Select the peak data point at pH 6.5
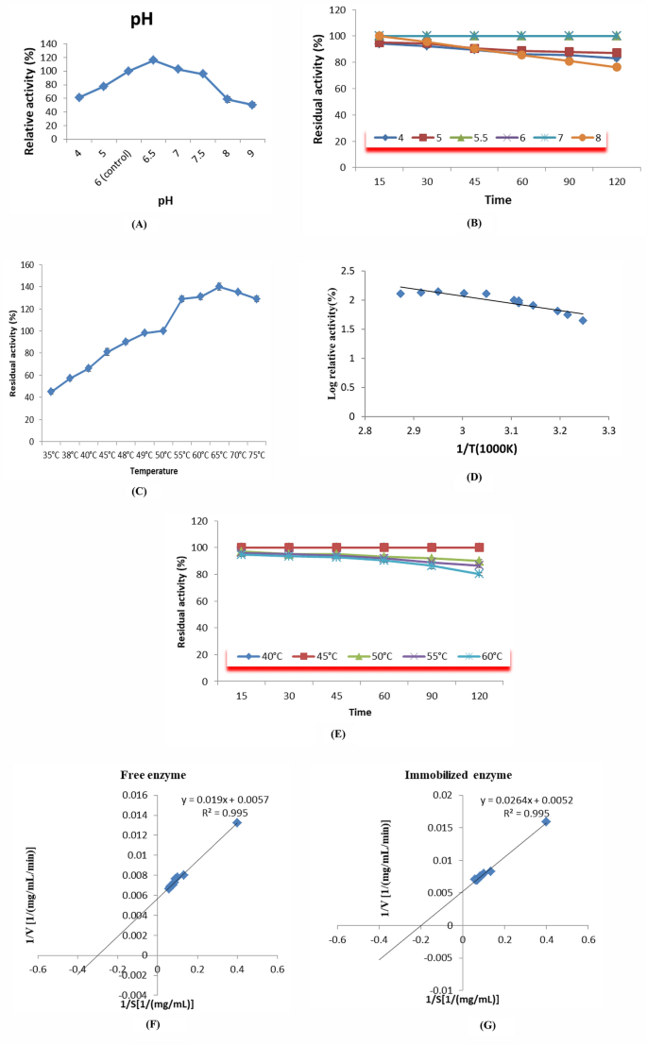(153, 60)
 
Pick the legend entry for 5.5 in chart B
(472, 137)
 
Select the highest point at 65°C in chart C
(218, 286)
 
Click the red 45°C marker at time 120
(479, 548)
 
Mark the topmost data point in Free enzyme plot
(237, 822)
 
